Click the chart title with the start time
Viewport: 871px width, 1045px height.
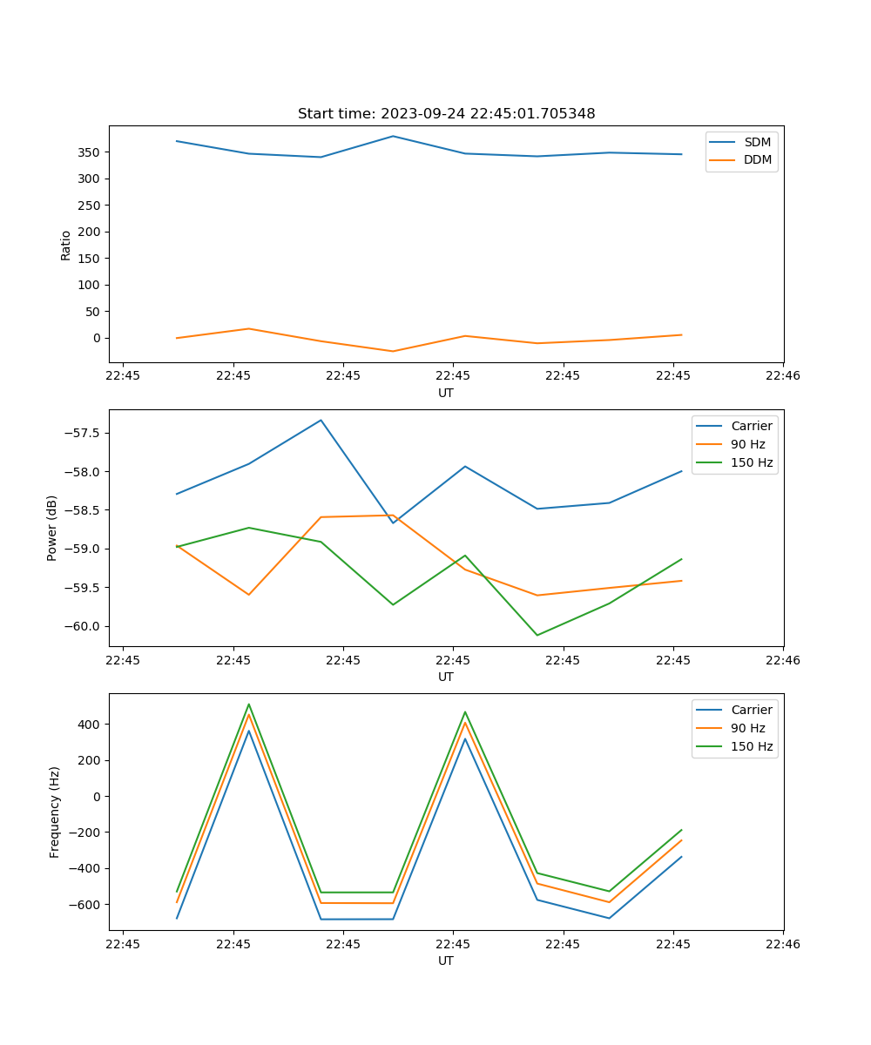[446, 114]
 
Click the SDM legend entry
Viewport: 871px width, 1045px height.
[757, 142]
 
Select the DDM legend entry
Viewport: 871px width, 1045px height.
[757, 159]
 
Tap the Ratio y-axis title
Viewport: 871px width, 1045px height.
[66, 245]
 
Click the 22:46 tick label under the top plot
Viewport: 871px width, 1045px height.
[782, 376]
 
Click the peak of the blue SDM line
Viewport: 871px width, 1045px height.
[393, 136]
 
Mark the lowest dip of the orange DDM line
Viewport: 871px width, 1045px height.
[393, 351]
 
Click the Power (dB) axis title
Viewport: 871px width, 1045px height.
[52, 528]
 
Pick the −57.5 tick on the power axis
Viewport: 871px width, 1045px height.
[84, 434]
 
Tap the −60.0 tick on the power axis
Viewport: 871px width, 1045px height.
[84, 626]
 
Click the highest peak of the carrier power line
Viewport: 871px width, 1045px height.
[321, 421]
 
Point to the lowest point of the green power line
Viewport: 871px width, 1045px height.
[537, 635]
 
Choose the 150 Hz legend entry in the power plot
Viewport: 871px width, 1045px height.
[752, 462]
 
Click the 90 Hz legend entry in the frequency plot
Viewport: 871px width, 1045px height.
[747, 728]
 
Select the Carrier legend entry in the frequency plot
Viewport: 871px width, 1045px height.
[751, 710]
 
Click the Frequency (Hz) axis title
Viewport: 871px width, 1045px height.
[55, 812]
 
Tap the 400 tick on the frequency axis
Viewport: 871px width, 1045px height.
[91, 725]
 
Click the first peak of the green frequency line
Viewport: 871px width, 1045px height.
[249, 705]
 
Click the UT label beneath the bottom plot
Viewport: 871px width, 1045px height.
[446, 961]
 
